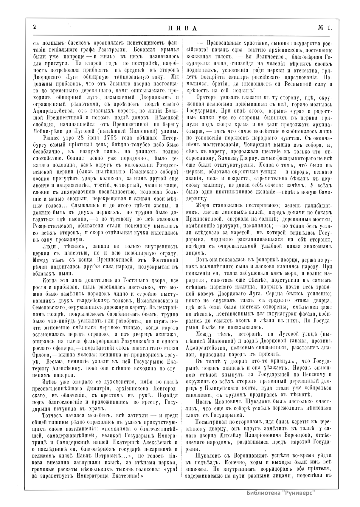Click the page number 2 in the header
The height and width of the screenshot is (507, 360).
[x=35, y=27]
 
